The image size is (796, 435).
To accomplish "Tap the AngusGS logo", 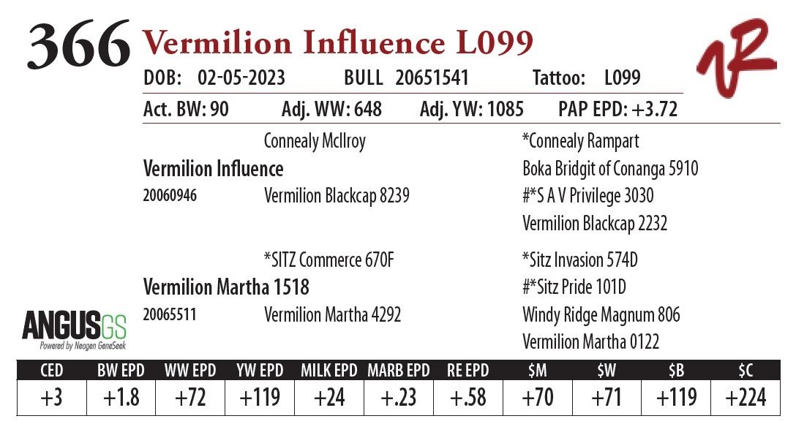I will tap(74, 330).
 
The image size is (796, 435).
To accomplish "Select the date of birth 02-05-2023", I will tap(241, 78).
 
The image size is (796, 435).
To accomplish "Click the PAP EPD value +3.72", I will tap(647, 110).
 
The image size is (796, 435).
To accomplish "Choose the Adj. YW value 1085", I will tap(502, 110).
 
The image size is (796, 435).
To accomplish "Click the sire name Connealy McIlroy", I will tap(315, 141).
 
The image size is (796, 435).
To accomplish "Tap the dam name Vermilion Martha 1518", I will tap(226, 287).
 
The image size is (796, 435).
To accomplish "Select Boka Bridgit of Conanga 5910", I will tap(610, 169).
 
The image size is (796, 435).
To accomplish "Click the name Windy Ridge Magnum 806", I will tap(601, 315).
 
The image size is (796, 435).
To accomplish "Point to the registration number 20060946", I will tap(170, 196).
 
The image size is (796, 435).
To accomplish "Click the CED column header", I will tap(51, 371).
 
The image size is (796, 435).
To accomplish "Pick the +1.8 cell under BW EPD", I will tap(121, 398).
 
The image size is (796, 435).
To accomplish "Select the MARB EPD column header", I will tap(398, 371).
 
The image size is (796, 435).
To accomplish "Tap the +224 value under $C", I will tap(746, 398).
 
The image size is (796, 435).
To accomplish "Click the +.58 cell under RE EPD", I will tap(468, 398).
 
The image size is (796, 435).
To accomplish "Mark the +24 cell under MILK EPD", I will tap(329, 398).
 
